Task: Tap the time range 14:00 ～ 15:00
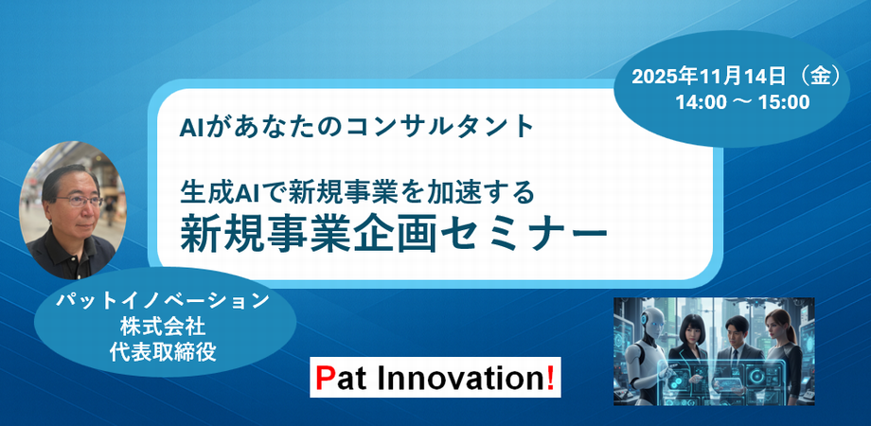(742, 101)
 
